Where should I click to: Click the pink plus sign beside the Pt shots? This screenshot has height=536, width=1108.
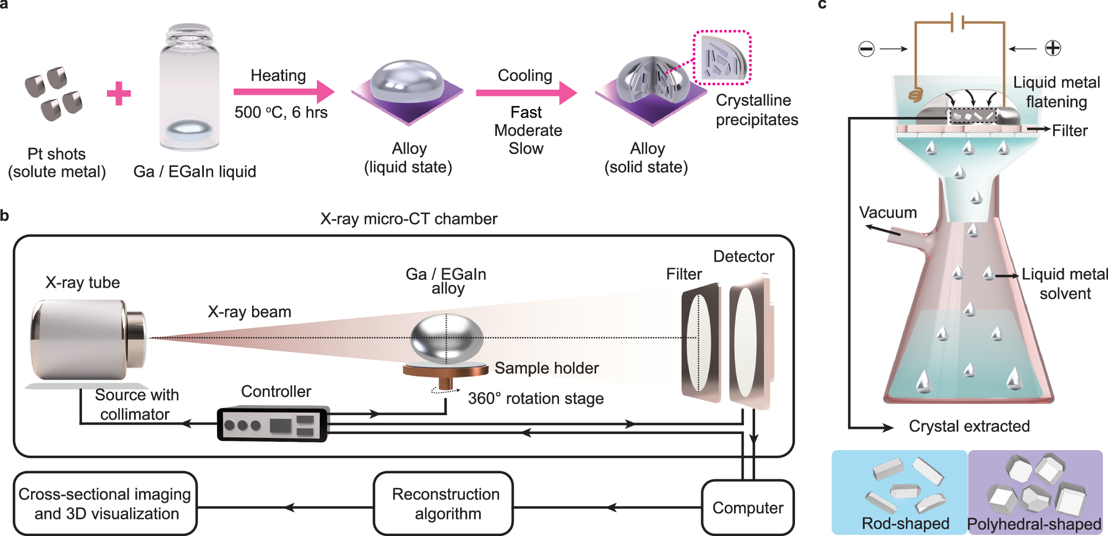pos(119,93)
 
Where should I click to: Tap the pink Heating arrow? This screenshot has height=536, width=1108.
pos(283,91)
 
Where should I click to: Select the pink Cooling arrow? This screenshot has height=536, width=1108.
pos(526,92)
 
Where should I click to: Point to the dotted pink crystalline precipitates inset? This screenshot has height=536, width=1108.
pos(722,57)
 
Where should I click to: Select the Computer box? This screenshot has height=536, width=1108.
pos(747,507)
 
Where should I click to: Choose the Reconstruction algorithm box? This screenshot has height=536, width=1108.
pos(445,503)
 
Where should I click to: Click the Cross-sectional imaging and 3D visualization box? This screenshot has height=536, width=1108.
pos(105,503)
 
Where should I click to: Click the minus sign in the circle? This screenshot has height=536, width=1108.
pos(866,49)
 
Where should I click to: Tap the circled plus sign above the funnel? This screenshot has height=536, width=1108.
pos(1053,48)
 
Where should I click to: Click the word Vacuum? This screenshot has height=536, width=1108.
pos(888,212)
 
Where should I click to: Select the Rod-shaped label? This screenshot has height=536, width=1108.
pos(905,523)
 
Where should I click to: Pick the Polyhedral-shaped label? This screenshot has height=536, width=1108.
pos(1034,524)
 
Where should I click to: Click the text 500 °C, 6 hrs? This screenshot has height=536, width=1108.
pos(281,113)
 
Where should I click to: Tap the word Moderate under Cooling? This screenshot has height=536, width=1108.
pos(528,130)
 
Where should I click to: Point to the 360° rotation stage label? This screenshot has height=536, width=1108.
pos(535,399)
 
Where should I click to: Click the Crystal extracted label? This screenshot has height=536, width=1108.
pos(969,426)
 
